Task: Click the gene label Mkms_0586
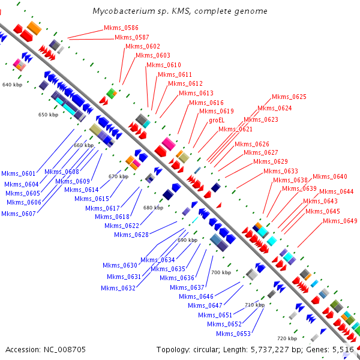coord(121,28)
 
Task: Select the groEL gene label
coord(217,120)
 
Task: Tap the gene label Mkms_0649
coord(340,221)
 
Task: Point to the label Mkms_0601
coord(18,174)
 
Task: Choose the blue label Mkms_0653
coord(233,334)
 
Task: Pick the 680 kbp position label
coord(153,208)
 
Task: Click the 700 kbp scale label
coord(221,272)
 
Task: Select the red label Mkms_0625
coord(289,97)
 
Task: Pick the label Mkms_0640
coord(330,176)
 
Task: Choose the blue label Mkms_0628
coord(131,235)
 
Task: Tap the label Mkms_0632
coord(118,288)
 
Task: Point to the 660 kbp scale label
coord(84,145)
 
